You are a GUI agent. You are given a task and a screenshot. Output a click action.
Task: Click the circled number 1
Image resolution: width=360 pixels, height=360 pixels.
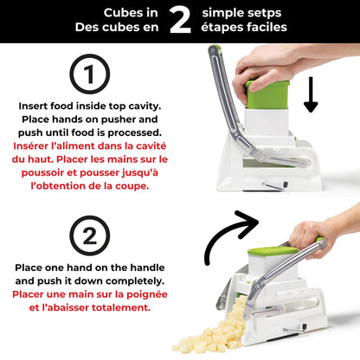pos(90,76)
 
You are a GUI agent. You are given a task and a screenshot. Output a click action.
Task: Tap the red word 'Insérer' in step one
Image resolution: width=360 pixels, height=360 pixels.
pos(39,146)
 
